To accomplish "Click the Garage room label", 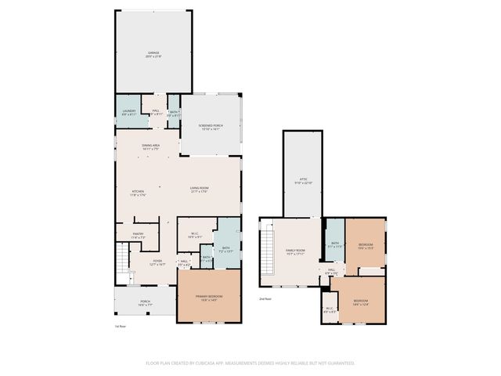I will click(x=153, y=54).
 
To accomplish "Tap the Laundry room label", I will click(x=128, y=112).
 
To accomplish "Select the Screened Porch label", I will click(x=211, y=127).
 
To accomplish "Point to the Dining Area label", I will click(x=151, y=146).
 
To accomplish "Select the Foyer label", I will click(x=157, y=262).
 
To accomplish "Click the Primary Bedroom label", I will click(x=208, y=297).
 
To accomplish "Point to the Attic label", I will click(x=302, y=180).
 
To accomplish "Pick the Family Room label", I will click(x=294, y=252).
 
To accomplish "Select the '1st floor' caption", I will click(x=120, y=325).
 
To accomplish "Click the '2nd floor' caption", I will click(x=265, y=298).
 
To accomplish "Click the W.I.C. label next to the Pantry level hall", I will click(x=196, y=233).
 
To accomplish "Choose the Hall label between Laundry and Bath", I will click(x=155, y=112).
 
